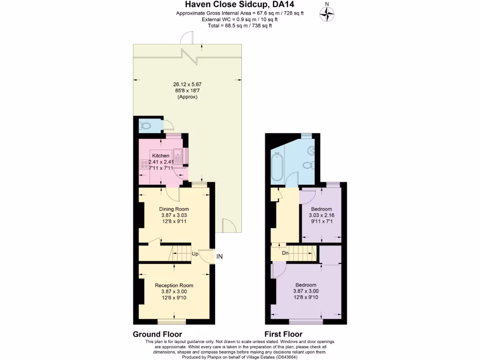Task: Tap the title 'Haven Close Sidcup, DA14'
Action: (240, 5)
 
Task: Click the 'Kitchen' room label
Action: (160, 156)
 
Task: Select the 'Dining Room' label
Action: (174, 209)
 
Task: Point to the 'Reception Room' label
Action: (174, 285)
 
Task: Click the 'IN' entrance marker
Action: (220, 256)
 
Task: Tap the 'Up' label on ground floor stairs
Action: (195, 254)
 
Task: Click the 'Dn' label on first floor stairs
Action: (285, 253)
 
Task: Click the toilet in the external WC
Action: (145, 126)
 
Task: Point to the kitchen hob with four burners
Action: (144, 165)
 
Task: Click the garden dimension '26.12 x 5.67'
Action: (187, 84)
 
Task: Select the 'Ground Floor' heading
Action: (157, 334)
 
